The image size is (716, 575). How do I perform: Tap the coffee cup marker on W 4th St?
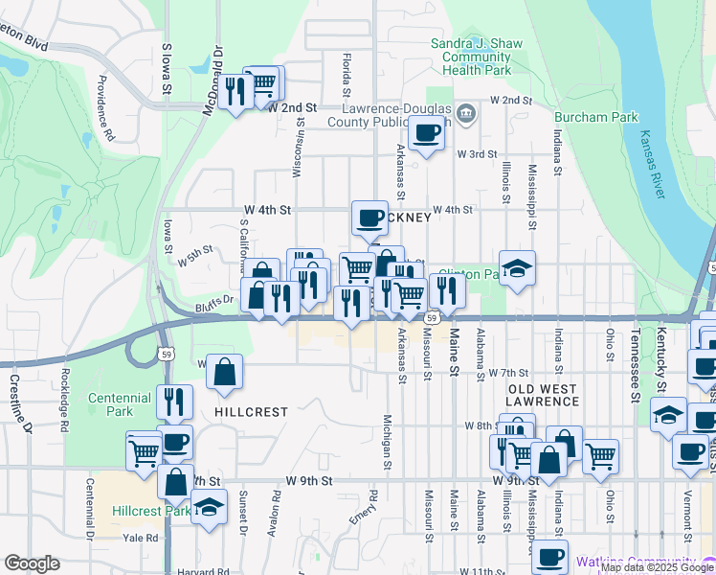[x=369, y=218]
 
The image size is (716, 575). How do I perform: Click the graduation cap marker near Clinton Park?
[x=517, y=269]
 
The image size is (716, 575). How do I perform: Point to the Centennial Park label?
[x=120, y=403]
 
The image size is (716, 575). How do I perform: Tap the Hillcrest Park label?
[x=150, y=511]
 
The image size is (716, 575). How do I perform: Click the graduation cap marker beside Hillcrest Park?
[x=208, y=507]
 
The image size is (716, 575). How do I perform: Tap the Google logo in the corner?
[x=32, y=563]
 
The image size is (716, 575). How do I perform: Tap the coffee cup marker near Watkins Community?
[x=549, y=557]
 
